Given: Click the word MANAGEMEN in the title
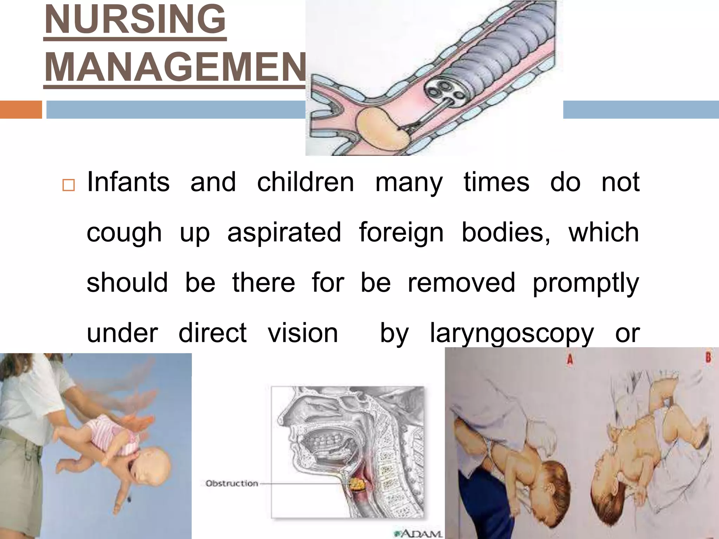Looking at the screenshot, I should pyautogui.click(x=175, y=67).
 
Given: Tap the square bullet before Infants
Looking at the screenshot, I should pyautogui.click(x=68, y=185).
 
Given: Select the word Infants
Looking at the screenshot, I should pyautogui.click(x=128, y=182).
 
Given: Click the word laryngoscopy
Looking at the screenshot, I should pyautogui.click(x=512, y=333).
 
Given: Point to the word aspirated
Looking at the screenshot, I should pyautogui.click(x=284, y=233).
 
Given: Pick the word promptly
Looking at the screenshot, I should pyautogui.click(x=586, y=283).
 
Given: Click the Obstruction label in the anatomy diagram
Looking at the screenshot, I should pyautogui.click(x=232, y=484).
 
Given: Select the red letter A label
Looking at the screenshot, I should pyautogui.click(x=570, y=359).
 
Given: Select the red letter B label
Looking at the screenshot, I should pyautogui.click(x=708, y=358).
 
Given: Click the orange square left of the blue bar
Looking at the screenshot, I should pyautogui.click(x=21, y=109).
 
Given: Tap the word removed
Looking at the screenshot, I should pyautogui.click(x=461, y=282).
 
